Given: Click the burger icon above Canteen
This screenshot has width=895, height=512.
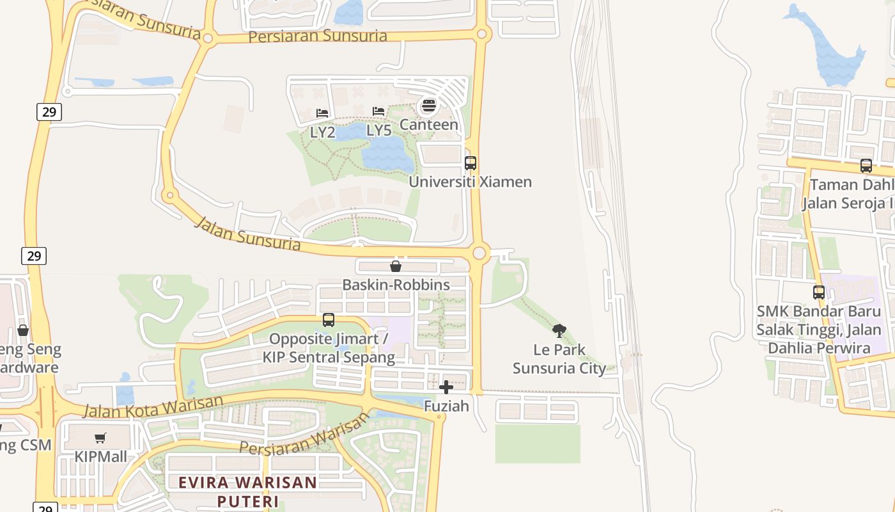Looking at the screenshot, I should pos(429,104).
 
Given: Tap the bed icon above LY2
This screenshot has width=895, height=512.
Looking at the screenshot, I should pos(322,113).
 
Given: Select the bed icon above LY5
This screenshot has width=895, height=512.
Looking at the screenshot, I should pos(378,111).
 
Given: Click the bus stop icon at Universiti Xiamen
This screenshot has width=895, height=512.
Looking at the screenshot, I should pos(471,163).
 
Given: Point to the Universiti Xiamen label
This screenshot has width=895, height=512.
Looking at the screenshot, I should pos(470,182).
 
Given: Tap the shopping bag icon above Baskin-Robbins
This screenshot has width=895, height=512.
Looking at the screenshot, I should pos(396,266).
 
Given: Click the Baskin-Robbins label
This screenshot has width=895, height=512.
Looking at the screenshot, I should pos(396,285).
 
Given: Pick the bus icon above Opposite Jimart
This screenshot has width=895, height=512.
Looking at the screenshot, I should pos(329,320).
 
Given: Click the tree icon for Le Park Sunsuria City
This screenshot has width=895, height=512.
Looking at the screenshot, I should pos(559,331).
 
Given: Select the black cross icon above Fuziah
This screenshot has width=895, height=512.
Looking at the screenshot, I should pos(446,387).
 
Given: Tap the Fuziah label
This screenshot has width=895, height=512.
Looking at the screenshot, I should pos(446,406).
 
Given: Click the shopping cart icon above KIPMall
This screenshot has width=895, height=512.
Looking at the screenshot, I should pos(100,438).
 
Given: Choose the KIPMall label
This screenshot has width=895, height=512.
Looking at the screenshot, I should pos(101,457).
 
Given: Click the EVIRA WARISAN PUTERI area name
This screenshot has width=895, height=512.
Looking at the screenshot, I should pos(248,491).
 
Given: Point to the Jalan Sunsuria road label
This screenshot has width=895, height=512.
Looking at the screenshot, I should pos(247,234).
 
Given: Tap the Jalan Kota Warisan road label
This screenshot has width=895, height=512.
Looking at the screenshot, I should pos(153,406).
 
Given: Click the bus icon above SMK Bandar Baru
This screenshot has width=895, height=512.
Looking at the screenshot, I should pos(819,292).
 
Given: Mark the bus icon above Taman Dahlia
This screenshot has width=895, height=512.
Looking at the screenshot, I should pos(866,166).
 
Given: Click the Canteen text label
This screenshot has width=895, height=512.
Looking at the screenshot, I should pos(429,125).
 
